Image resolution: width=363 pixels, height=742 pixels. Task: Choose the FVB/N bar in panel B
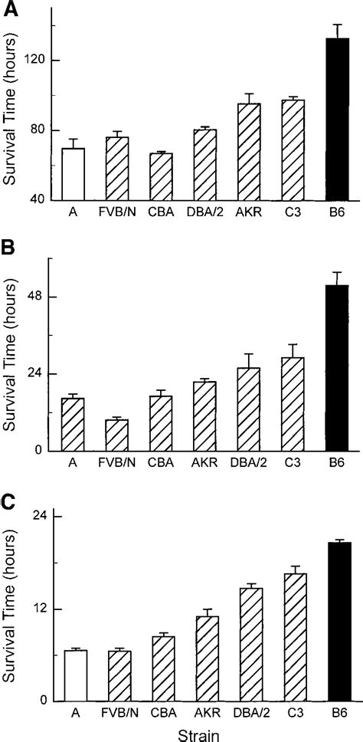(x=116, y=435)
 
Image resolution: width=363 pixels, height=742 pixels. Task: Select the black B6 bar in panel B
(x=338, y=368)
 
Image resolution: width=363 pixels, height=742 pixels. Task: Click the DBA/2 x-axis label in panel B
(x=249, y=462)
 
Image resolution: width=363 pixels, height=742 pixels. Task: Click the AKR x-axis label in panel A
(x=250, y=212)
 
